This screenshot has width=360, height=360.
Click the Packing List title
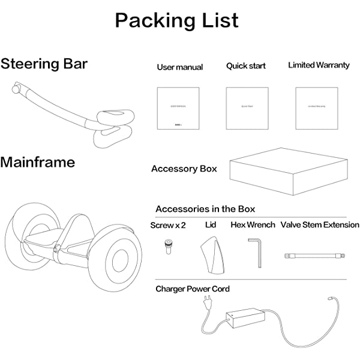177,20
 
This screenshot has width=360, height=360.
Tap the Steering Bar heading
44,64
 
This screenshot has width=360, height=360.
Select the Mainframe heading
38,162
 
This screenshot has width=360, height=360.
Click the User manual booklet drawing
178,108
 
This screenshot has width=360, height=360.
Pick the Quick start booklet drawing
247,108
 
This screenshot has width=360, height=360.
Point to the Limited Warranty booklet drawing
316,108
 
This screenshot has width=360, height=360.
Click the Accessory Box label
184,169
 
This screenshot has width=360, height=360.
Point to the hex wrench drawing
256,251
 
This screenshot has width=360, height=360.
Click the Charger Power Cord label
193,289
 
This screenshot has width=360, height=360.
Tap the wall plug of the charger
207,304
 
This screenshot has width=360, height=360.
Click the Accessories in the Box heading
205,209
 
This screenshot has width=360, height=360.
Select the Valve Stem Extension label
320,225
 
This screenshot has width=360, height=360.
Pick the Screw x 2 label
168,225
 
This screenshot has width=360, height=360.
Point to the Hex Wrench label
253,225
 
